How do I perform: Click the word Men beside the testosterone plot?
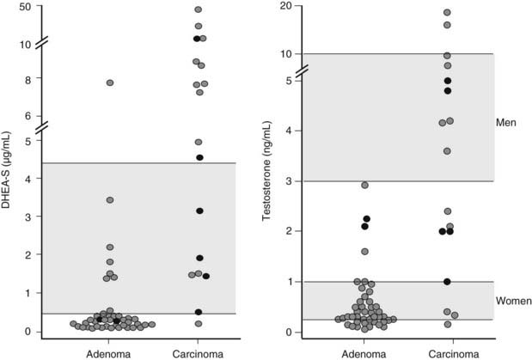point(505,123)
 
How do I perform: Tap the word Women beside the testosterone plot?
point(512,301)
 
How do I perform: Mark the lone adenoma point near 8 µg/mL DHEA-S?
point(110,82)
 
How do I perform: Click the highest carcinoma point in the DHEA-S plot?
point(198,10)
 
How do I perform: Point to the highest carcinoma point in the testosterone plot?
point(447,12)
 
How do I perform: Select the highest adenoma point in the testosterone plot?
point(365,185)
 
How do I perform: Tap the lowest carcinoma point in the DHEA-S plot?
point(199,324)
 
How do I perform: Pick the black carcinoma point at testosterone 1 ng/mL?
point(447,282)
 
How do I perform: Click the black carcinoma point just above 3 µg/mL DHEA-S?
point(199,211)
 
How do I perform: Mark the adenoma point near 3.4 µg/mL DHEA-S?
point(110,200)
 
